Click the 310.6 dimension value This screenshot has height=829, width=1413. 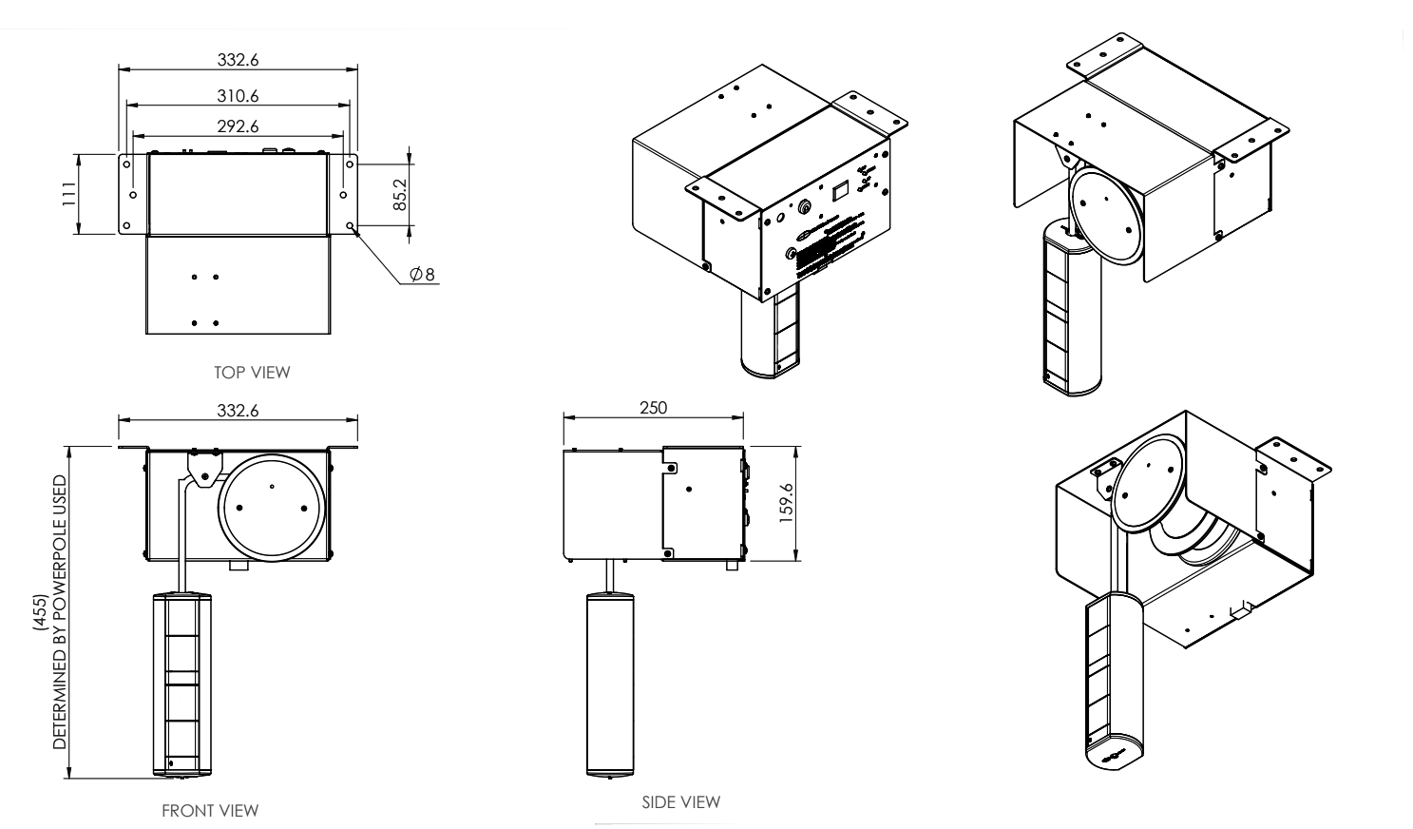point(239,95)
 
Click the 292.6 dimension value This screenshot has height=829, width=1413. point(239,125)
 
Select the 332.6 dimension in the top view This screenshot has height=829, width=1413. point(239,59)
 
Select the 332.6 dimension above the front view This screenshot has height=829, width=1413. point(239,410)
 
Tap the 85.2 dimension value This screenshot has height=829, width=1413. point(400,195)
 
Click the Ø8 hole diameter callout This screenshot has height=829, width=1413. point(422,274)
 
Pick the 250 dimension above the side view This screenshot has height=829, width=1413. point(653,407)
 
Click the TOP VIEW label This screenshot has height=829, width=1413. point(253,373)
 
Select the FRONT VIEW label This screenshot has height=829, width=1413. point(210,810)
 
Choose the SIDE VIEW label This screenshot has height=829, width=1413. point(681,801)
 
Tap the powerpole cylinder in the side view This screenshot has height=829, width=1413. point(611,684)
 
